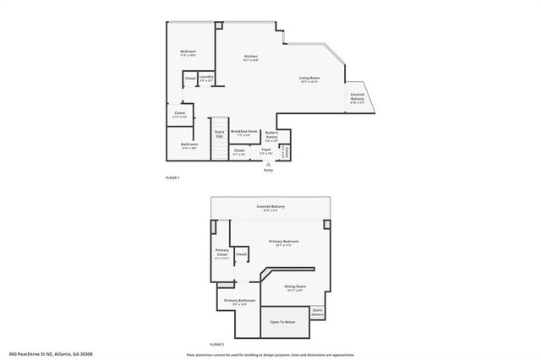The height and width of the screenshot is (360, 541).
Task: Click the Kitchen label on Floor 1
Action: (x=251, y=57)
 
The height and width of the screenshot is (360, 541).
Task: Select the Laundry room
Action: (x=206, y=79)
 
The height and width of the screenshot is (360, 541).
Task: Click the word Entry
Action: (x=268, y=171)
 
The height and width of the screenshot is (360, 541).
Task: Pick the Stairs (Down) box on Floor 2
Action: (x=318, y=312)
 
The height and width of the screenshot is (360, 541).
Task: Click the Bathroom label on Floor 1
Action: (x=189, y=145)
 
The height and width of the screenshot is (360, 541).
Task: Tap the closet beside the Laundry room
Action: (x=190, y=79)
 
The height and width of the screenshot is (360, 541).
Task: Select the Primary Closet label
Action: (x=222, y=254)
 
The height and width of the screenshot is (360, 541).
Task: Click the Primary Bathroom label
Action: (x=239, y=303)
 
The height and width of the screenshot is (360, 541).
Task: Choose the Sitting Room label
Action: (x=294, y=289)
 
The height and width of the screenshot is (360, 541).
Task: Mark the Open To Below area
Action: (x=282, y=322)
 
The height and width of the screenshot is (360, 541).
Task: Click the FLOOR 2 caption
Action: (x=218, y=346)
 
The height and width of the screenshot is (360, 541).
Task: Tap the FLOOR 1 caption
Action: (x=172, y=177)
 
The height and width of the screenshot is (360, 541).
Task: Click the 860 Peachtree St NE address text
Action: (x=51, y=354)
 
